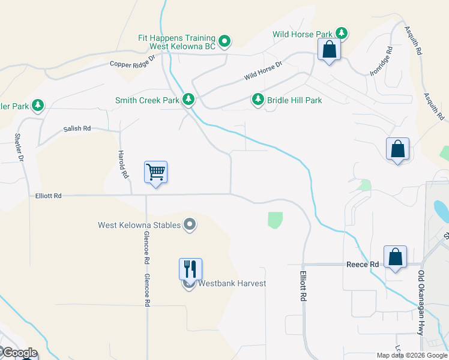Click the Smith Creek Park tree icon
(x=188, y=99)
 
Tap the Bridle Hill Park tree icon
(x=258, y=99)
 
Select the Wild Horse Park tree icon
(x=342, y=32)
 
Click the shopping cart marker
(x=155, y=172)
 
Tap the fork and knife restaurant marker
(x=190, y=268)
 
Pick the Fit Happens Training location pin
(x=224, y=41)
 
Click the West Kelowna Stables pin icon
(x=190, y=226)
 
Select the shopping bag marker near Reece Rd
(x=396, y=256)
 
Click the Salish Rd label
(x=77, y=128)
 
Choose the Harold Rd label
(x=123, y=165)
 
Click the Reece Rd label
(x=363, y=264)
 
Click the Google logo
(x=19, y=352)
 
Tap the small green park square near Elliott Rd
(x=275, y=220)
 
